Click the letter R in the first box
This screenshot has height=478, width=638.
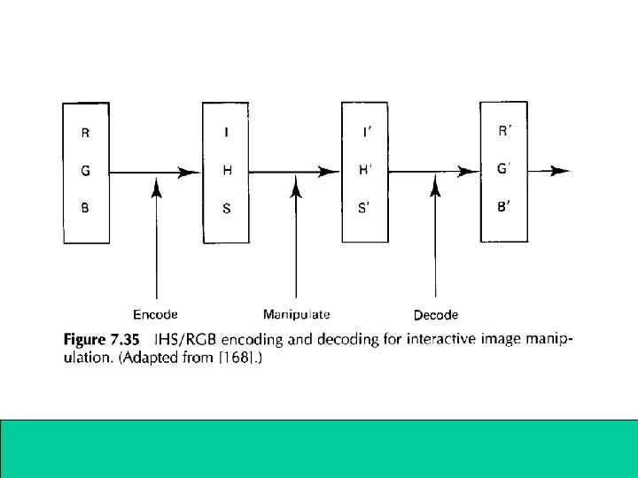click(x=85, y=135)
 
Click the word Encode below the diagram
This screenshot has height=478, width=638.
click(x=156, y=314)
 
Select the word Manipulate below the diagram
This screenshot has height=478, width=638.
click(x=296, y=314)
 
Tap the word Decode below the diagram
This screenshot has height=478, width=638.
click(x=436, y=315)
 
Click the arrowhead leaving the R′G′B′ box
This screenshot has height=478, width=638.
click(x=560, y=172)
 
